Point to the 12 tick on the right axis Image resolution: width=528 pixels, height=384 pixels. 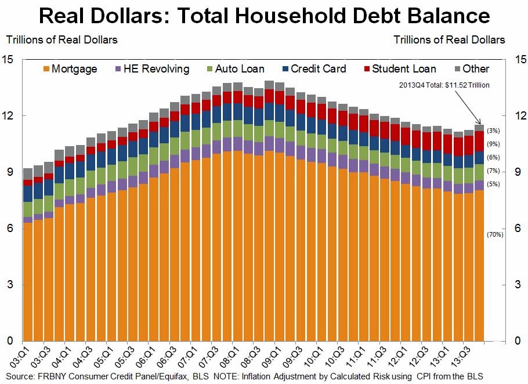(x=518, y=115)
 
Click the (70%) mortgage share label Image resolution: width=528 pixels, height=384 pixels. (x=494, y=234)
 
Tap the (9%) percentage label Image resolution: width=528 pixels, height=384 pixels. (x=494, y=144)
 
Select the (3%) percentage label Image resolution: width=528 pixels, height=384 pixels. (x=494, y=131)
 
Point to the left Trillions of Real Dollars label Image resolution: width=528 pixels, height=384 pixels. (x=62, y=40)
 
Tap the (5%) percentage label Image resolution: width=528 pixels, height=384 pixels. (x=494, y=184)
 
